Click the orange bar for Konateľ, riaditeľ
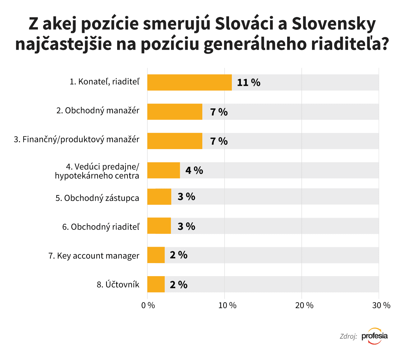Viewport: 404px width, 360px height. [190, 82]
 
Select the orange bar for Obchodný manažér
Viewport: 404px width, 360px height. [175, 112]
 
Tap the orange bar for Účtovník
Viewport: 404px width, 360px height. [156, 284]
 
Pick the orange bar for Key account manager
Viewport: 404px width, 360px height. [156, 255]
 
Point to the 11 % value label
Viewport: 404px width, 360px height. [249, 83]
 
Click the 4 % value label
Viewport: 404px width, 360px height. [194, 170]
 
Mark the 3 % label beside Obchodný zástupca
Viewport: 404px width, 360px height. [186, 197]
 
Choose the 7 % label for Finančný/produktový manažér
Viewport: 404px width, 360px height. [219, 141]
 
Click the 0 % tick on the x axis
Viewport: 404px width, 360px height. [148, 306]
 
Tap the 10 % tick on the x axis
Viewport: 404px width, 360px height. [227, 306]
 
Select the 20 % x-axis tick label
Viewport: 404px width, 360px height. [305, 306]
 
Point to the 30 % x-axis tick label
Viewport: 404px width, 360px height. [381, 306]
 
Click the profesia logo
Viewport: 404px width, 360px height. [375, 336]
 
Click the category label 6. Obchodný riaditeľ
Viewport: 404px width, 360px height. [101, 227]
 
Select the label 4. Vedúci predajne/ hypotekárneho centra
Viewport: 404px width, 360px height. [97, 171]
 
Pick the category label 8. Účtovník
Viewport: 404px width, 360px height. [118, 285]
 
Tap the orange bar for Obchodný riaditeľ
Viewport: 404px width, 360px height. [159, 226]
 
